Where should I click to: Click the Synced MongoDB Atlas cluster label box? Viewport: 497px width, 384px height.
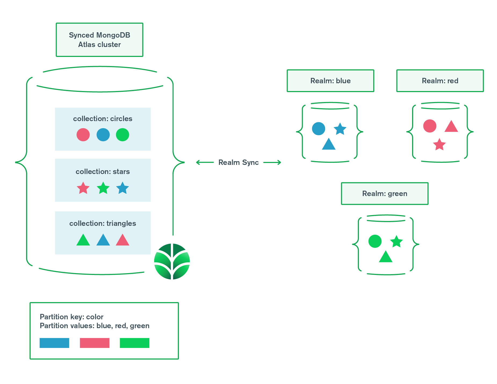[x=99, y=40]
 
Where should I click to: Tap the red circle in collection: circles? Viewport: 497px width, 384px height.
[x=83, y=135]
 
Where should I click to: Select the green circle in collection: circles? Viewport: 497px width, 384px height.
[x=123, y=135]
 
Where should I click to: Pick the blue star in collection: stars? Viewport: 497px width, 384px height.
[x=123, y=188]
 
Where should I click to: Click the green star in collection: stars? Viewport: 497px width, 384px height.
[x=103, y=188]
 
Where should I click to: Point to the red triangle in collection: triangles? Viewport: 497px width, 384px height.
[x=123, y=241]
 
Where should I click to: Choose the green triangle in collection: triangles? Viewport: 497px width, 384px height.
[x=83, y=241]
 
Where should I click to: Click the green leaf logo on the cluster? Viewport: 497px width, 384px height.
[x=172, y=261]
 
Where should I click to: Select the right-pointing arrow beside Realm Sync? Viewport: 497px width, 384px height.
[x=272, y=162]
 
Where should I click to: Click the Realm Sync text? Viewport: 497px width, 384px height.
[x=238, y=162]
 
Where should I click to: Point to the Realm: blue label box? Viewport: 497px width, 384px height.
[x=330, y=81]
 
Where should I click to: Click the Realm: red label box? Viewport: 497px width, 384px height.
[x=440, y=81]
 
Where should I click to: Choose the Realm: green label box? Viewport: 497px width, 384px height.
[x=384, y=194]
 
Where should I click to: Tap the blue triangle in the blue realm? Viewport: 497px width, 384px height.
[x=329, y=145]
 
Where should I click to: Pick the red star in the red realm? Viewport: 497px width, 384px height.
[x=439, y=145]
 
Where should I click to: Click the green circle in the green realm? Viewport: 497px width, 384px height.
[x=375, y=241]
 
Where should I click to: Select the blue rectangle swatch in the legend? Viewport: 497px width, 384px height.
[x=54, y=343]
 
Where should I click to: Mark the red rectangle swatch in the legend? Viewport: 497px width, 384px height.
[x=95, y=343]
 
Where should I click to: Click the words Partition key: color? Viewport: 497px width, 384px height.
[x=71, y=317]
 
